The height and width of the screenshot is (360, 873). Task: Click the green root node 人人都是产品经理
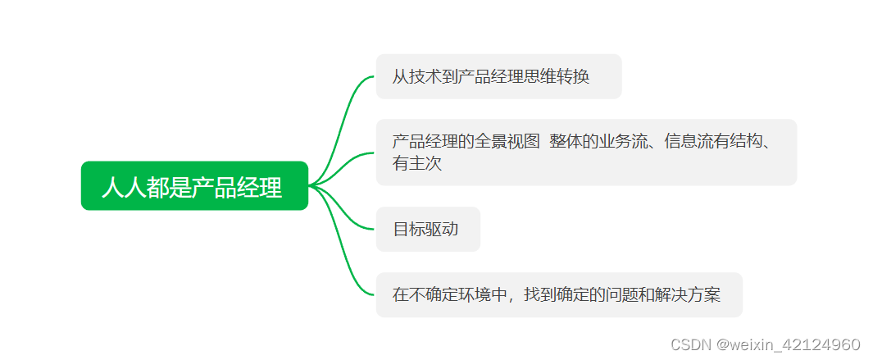pyautogui.click(x=194, y=186)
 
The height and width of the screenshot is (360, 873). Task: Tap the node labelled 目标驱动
pyautogui.click(x=427, y=230)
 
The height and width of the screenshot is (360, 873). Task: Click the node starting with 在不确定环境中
pyautogui.click(x=558, y=295)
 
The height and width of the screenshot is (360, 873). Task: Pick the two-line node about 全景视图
pyautogui.click(x=585, y=153)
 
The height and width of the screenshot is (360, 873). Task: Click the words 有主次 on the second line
pyautogui.click(x=416, y=164)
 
